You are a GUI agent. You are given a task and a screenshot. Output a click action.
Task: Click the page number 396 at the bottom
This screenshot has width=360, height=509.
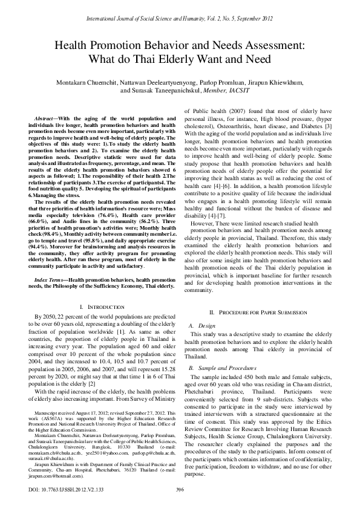(x=180, y=489)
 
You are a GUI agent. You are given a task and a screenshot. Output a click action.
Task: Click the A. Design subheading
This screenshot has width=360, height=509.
(x=198, y=325)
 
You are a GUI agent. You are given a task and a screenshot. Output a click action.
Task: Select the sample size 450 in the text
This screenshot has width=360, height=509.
(x=246, y=375)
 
